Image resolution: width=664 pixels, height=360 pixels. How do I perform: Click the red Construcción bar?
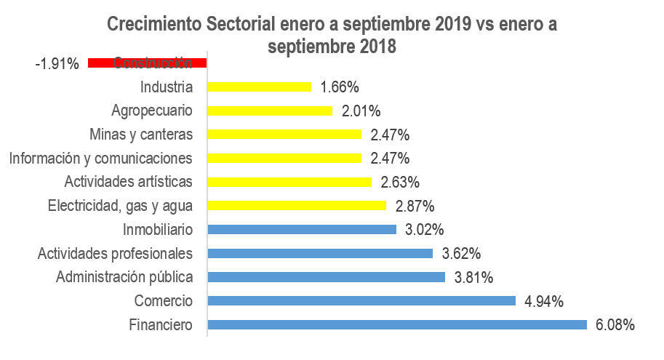click(147, 63)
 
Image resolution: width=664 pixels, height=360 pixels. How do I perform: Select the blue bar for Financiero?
click(396, 324)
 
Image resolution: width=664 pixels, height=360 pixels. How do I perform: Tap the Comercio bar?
click(361, 300)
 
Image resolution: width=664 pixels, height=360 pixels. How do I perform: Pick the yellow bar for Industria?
click(259, 87)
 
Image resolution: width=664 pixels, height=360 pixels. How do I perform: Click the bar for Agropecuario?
click(269, 111)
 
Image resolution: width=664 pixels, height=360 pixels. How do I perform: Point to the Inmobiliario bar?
click(301, 229)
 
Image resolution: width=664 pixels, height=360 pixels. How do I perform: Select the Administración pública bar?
click(326, 277)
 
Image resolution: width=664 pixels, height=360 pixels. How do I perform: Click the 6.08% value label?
click(615, 325)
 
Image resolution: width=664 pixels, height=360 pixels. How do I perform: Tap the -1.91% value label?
click(57, 64)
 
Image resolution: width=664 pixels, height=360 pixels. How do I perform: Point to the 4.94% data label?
click(543, 301)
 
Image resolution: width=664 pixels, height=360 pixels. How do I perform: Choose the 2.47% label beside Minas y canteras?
click(390, 135)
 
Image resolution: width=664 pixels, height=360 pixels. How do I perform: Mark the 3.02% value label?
click(424, 230)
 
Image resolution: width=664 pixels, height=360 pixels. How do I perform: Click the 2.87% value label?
click(414, 206)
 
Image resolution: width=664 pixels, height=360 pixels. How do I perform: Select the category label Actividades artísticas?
click(128, 182)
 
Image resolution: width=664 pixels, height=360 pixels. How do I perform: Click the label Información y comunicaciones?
click(100, 158)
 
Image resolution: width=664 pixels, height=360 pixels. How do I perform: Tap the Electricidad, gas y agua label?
click(120, 206)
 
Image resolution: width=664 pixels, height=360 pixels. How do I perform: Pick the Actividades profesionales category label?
click(115, 253)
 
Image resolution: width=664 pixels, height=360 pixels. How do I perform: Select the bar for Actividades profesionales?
click(320, 253)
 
